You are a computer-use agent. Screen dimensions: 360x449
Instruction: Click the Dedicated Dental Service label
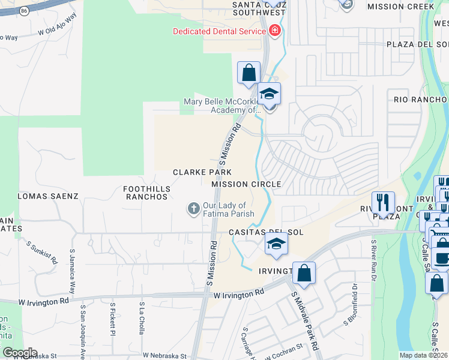click(219, 31)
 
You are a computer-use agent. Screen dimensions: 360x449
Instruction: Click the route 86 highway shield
click(24, 11)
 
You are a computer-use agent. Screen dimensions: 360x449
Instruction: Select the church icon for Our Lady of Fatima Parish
click(193, 209)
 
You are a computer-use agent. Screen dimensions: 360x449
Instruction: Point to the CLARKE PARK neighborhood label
click(202, 172)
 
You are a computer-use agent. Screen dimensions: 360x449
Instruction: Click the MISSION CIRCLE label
click(246, 184)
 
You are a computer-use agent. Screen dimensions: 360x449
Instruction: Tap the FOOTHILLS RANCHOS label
click(146, 193)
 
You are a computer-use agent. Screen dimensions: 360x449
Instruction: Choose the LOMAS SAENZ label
click(48, 196)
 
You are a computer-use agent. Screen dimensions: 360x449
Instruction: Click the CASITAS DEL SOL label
click(265, 232)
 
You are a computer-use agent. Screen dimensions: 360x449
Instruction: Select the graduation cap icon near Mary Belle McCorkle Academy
click(270, 94)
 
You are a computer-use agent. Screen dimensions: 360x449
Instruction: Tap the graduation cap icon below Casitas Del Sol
click(276, 243)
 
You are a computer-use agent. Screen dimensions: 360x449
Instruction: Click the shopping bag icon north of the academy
click(249, 73)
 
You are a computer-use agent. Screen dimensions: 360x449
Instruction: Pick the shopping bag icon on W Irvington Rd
click(304, 273)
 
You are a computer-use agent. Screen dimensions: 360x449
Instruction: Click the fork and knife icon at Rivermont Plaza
click(383, 203)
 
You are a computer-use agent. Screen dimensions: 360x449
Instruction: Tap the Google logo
click(19, 353)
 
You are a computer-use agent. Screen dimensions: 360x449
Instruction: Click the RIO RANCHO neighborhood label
click(420, 100)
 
